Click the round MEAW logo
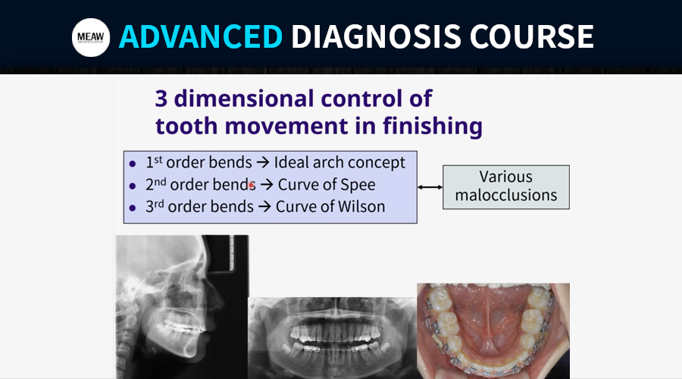91,37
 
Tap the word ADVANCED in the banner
201,36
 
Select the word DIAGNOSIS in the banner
376,36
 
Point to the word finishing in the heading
433,126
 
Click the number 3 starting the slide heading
161,99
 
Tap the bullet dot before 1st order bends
132,164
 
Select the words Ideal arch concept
339,163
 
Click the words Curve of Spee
327,185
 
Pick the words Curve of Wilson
330,207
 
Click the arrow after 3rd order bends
264,207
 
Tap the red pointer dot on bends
252,186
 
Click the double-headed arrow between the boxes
430,187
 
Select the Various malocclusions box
506,187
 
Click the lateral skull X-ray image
182,307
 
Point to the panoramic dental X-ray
333,338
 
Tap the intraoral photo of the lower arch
493,331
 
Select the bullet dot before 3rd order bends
132,208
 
